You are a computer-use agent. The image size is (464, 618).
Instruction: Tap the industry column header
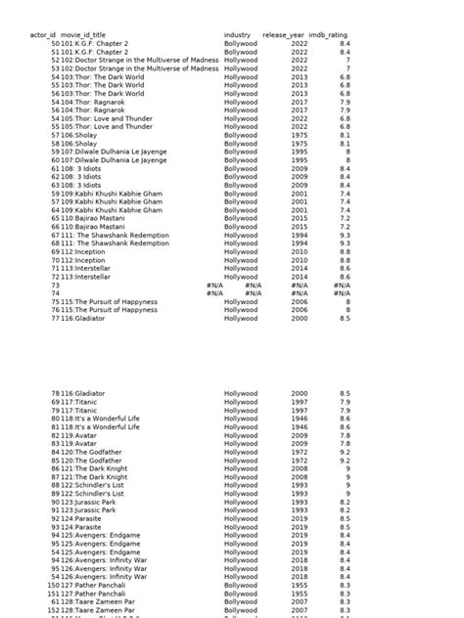(237, 35)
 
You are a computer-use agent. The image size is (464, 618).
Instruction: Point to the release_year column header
(283, 35)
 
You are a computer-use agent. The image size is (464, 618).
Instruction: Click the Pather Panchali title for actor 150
(104, 585)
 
